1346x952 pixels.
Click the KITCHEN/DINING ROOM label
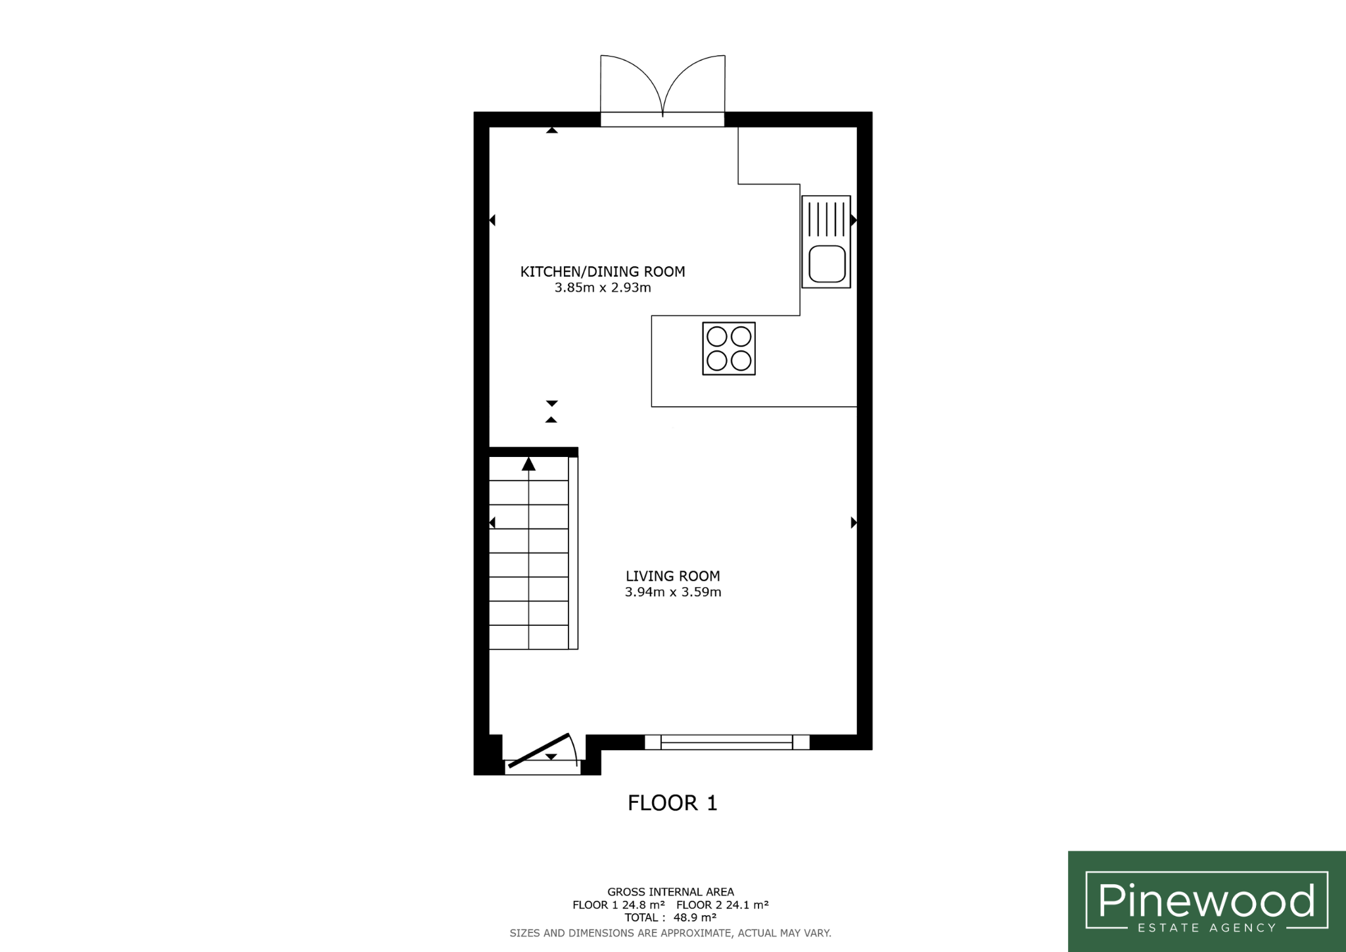pos(603,272)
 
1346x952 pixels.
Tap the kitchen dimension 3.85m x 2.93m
pos(603,287)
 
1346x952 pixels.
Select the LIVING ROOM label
pos(673,576)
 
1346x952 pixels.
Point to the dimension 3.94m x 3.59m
pos(673,592)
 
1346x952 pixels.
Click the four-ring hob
pos(729,348)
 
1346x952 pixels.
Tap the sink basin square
pos(827,263)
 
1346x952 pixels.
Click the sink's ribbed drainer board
pos(826,219)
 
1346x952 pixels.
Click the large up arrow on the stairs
pos(528,464)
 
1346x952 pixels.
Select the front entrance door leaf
pos(539,750)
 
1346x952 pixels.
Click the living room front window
pos(727,742)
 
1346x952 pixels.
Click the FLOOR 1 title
pos(672,803)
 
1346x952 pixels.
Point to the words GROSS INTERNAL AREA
pos(670,892)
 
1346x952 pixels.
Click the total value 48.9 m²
pos(695,917)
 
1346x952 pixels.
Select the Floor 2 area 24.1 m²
pos(747,905)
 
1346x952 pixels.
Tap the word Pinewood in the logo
pos(1207,901)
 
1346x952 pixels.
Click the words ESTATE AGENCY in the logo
pos(1207,928)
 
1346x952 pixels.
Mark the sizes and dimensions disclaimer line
pos(670,933)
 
